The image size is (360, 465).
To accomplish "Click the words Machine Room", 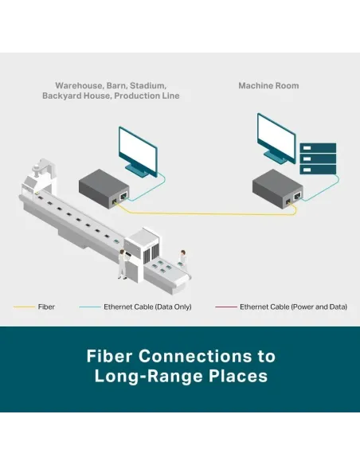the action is point(268,86).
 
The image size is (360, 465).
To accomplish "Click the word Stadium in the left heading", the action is point(148,86).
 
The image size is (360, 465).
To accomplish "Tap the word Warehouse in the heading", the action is point(79,86).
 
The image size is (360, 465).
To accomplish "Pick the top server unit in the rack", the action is point(318,148).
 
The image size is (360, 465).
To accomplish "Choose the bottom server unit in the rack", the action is point(318,170).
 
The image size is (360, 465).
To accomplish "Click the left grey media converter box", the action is point(104,190).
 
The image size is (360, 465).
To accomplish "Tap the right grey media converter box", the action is point(277,190).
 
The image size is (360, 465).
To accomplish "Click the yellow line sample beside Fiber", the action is point(24,307).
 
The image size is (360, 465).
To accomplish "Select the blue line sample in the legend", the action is point(90,307).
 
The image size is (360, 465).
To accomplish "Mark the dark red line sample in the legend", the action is point(226,307).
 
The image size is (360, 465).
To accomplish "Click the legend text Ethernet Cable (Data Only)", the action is point(147,307).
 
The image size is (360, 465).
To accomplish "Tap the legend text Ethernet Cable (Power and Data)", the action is point(293,307).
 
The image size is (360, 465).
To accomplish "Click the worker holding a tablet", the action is point(123,264).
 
